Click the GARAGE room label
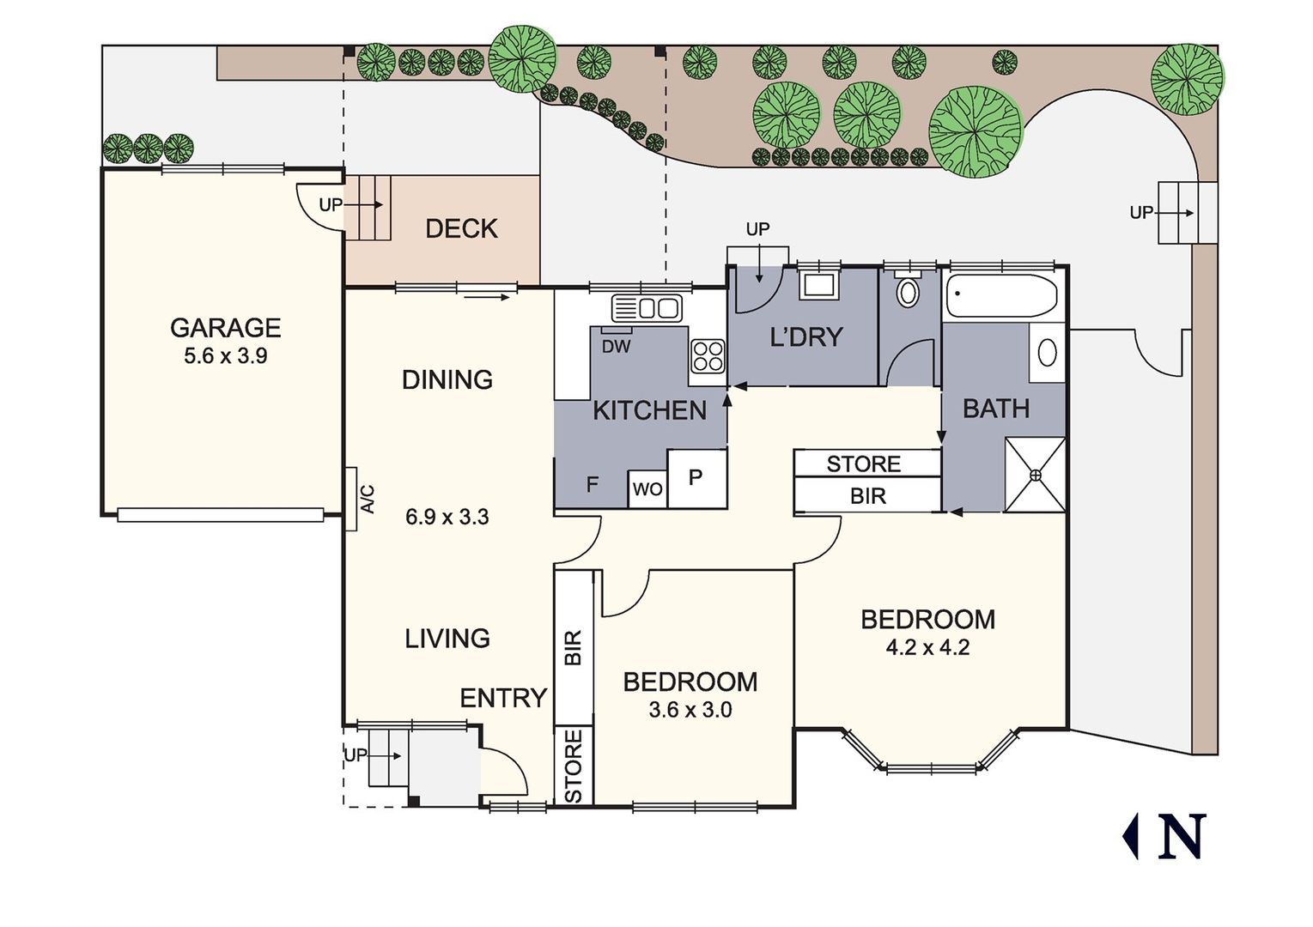(x=226, y=328)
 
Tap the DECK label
(x=461, y=228)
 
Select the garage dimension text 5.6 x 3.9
(x=226, y=356)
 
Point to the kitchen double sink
(x=647, y=308)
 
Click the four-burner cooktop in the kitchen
(x=708, y=356)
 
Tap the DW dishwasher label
(x=616, y=347)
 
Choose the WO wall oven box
(x=647, y=488)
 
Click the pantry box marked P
(x=697, y=478)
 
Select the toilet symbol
(x=908, y=290)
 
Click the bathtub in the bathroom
(x=1002, y=296)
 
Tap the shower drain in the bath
(x=1036, y=475)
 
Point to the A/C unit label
(x=368, y=500)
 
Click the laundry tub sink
(x=819, y=285)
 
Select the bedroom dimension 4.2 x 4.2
(x=927, y=647)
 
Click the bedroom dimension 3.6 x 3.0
(x=690, y=710)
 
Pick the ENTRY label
(x=503, y=699)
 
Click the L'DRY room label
(x=806, y=337)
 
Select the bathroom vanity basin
(x=1047, y=354)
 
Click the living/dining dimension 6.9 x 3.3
(x=447, y=518)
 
